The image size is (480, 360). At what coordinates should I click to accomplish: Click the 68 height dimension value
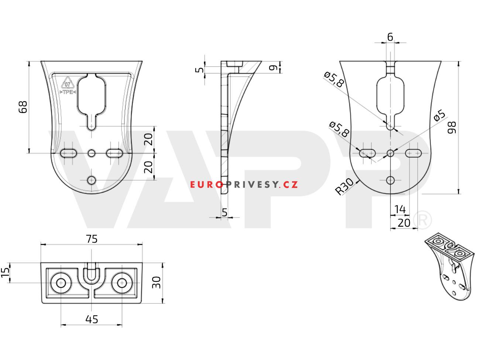point(23,107)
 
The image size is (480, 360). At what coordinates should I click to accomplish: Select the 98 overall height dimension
point(452,127)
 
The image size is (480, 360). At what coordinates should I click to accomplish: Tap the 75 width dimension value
point(92,239)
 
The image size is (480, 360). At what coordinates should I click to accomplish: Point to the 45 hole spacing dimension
point(92,319)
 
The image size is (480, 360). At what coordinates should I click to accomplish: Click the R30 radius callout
point(344,186)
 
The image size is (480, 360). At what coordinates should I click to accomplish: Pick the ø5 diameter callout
point(439,116)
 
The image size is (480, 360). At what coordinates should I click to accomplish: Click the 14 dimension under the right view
point(400,209)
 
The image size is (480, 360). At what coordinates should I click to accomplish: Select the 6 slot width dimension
point(390,37)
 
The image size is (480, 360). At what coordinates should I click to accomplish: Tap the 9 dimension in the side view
point(273,68)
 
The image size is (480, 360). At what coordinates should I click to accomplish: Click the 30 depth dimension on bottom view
point(156,282)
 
